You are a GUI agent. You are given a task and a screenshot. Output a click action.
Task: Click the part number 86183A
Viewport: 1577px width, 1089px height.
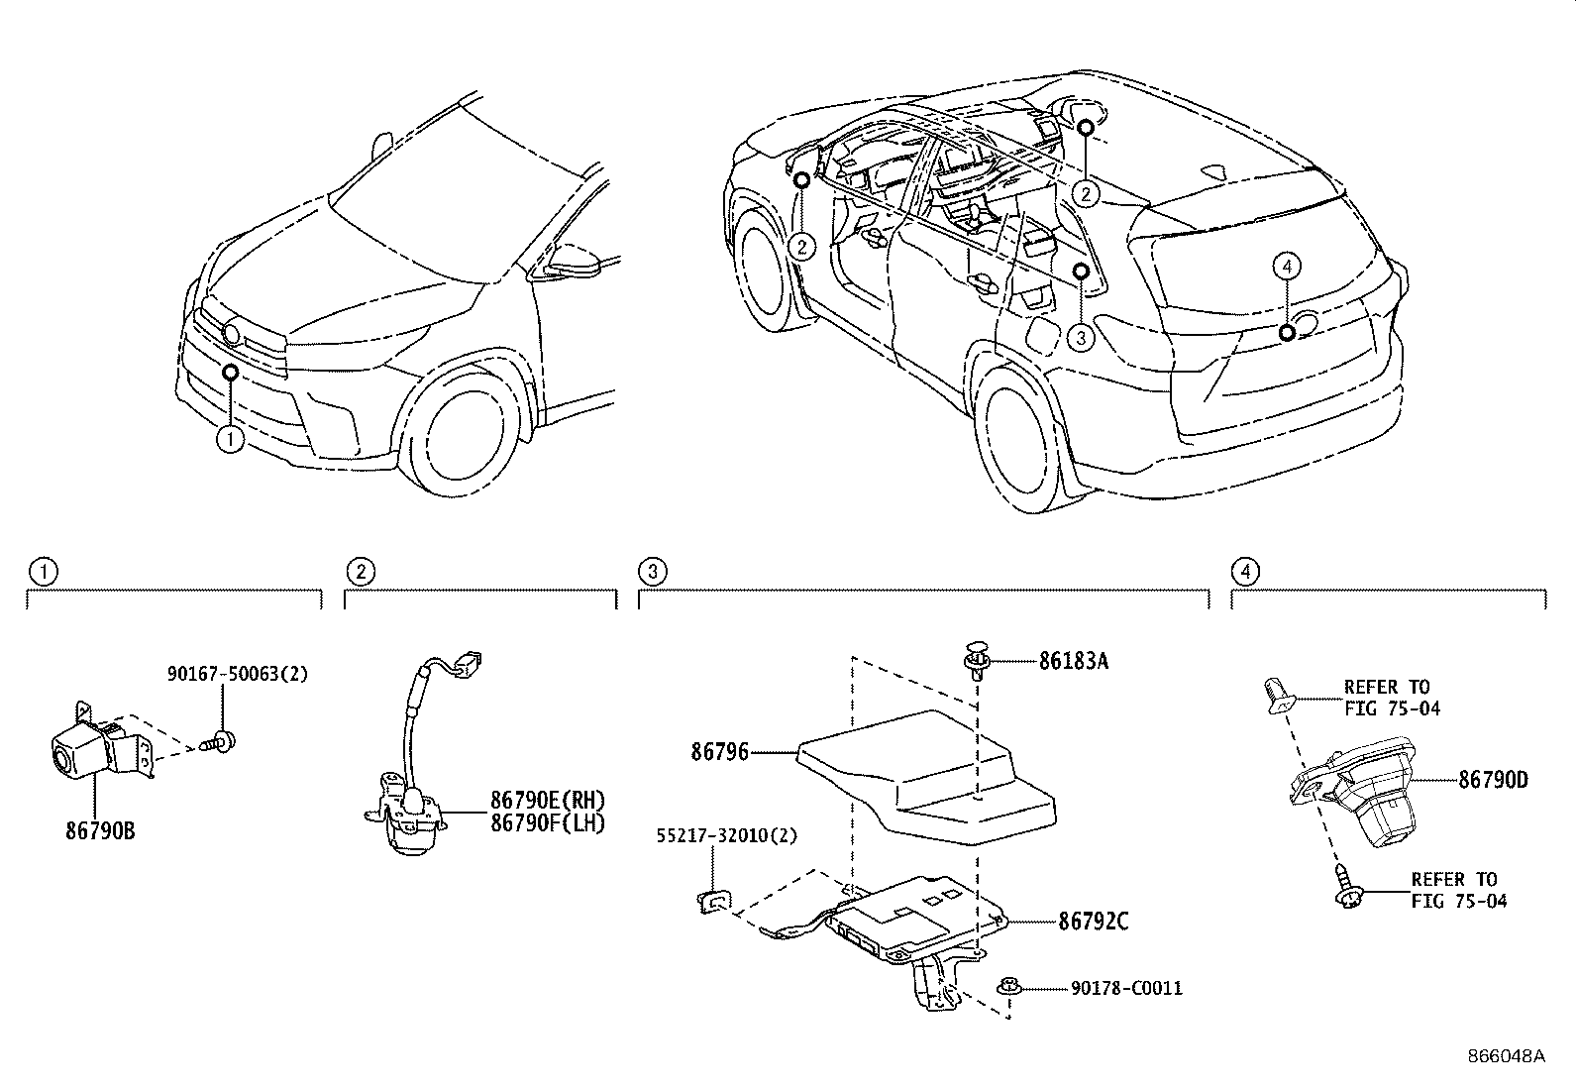click(x=1073, y=661)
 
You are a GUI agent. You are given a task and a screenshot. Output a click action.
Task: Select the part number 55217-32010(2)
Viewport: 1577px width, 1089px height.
click(x=726, y=836)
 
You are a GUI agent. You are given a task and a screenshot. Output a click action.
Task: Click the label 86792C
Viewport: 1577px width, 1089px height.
click(x=1094, y=922)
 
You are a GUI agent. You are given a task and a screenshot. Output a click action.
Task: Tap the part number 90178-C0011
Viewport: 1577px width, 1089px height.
click(x=1126, y=988)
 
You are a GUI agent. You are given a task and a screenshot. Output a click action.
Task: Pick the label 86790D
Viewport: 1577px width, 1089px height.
click(x=1492, y=780)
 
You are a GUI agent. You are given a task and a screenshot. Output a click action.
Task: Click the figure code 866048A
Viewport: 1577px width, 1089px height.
click(x=1506, y=1055)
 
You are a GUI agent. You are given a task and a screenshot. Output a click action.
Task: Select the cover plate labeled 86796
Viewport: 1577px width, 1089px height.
click(x=931, y=778)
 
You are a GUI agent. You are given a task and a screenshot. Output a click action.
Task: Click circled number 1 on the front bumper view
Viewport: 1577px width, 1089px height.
click(x=230, y=437)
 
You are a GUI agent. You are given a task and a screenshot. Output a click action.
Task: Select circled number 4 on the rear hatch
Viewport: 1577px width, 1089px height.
click(x=1286, y=266)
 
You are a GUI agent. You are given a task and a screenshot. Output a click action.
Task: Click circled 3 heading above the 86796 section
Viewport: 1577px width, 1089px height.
click(x=651, y=571)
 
